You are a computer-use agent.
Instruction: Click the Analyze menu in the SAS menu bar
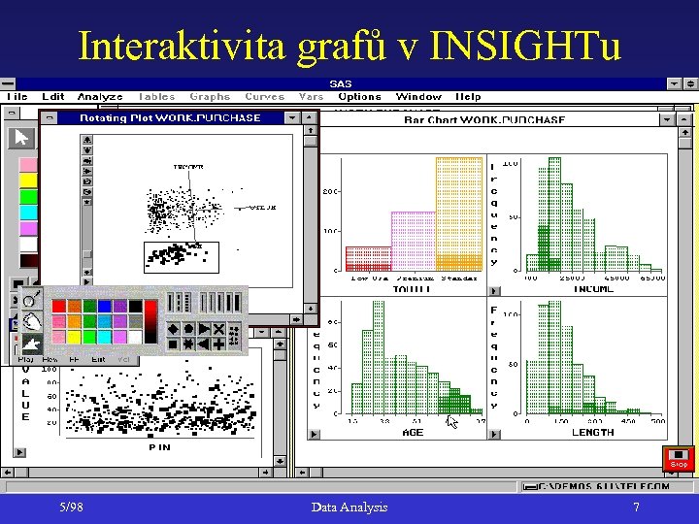pyautogui.click(x=100, y=96)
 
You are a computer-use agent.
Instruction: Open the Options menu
pyautogui.click(x=360, y=96)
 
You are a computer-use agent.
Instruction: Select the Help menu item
pyautogui.click(x=468, y=96)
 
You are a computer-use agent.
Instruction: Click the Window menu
pyautogui.click(x=418, y=96)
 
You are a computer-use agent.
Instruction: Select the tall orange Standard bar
pyautogui.click(x=458, y=213)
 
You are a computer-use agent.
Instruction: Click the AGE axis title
pyautogui.click(x=413, y=432)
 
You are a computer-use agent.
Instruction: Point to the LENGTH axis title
pyautogui.click(x=592, y=432)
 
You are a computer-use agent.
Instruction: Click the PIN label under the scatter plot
pyautogui.click(x=160, y=447)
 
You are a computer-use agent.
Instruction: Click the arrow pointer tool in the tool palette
pyautogui.click(x=20, y=137)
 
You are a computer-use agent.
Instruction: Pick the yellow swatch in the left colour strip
pyautogui.click(x=28, y=180)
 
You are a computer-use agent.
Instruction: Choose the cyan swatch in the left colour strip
pyautogui.click(x=28, y=212)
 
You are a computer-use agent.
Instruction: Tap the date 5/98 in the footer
pyautogui.click(x=71, y=507)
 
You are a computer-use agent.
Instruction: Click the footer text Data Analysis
pyautogui.click(x=349, y=507)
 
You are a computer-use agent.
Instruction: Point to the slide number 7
pyautogui.click(x=636, y=507)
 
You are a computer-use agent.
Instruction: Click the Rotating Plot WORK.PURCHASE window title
pyautogui.click(x=170, y=117)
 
